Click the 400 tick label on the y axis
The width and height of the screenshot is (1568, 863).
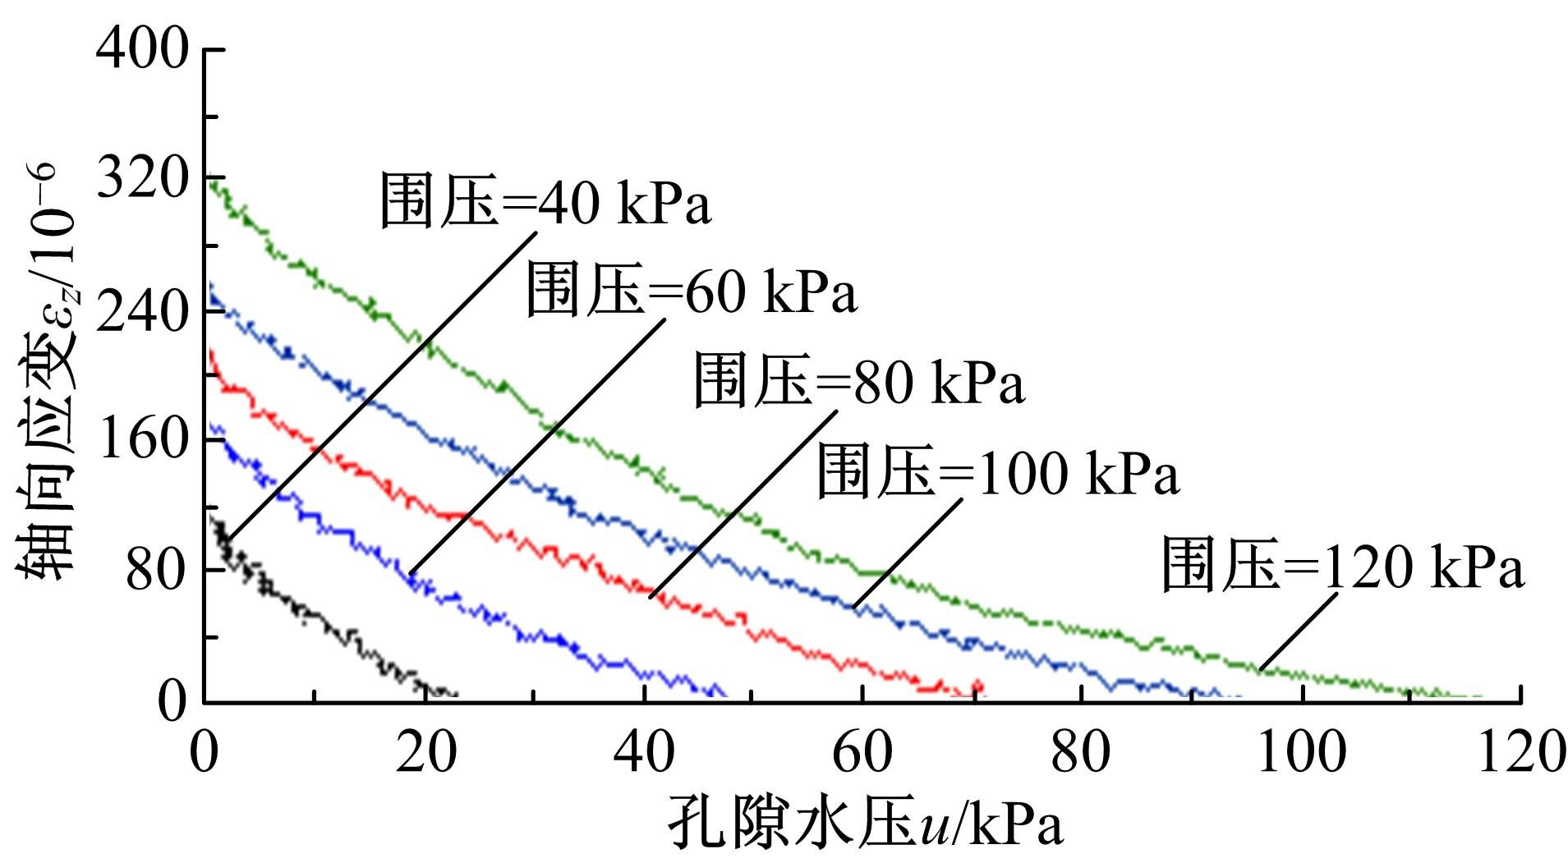tap(142, 50)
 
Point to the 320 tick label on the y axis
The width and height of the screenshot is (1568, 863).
tap(142, 180)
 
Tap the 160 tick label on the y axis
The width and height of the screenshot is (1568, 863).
tap(142, 440)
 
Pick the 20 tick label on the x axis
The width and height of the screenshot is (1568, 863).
tap(425, 753)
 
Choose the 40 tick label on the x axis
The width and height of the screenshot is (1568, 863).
tap(644, 753)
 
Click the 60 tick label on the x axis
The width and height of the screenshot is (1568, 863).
tap(862, 753)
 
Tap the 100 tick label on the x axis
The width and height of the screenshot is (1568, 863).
tap(1301, 753)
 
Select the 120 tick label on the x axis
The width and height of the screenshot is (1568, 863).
tap(1520, 753)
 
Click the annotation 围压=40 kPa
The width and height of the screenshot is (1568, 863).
tap(545, 201)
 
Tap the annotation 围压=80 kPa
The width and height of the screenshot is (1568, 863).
tap(860, 381)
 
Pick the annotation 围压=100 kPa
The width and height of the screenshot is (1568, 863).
tap(998, 472)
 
